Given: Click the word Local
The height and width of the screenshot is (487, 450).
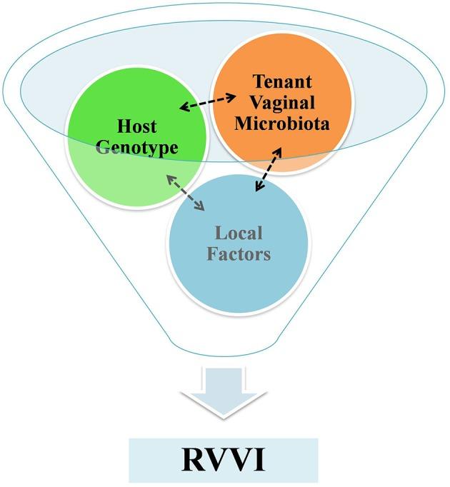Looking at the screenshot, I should point(239,233).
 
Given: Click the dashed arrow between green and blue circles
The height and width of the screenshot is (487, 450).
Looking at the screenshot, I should point(186,191).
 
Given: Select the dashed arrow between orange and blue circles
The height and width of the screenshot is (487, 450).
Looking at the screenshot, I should point(269,170).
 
